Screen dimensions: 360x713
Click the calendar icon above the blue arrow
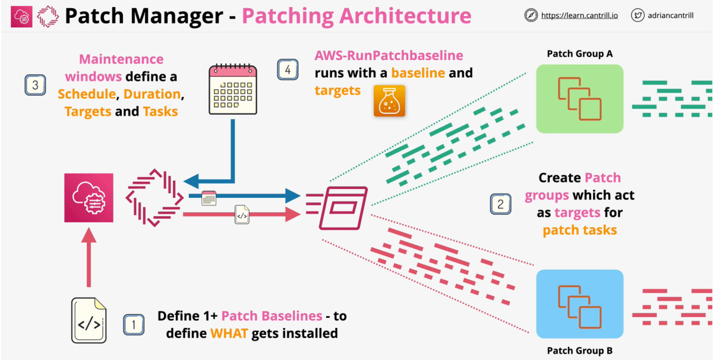click(232, 89)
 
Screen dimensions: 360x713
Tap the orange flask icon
click(389, 100)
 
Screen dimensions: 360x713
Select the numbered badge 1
click(134, 324)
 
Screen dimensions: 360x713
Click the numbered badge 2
click(500, 204)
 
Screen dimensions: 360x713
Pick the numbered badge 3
click(35, 85)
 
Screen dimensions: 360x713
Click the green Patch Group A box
click(579, 99)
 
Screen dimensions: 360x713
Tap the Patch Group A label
click(579, 54)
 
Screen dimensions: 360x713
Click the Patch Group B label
click(579, 350)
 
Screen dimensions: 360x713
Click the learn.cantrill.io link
click(579, 15)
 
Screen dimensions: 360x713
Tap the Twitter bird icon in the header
click(638, 15)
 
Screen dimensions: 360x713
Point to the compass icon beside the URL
click(531, 15)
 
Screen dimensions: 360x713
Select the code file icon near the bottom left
click(89, 320)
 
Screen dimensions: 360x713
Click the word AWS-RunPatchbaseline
click(389, 55)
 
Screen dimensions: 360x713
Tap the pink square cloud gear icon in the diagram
click(89, 198)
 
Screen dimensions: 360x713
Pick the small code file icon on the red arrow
click(242, 214)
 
